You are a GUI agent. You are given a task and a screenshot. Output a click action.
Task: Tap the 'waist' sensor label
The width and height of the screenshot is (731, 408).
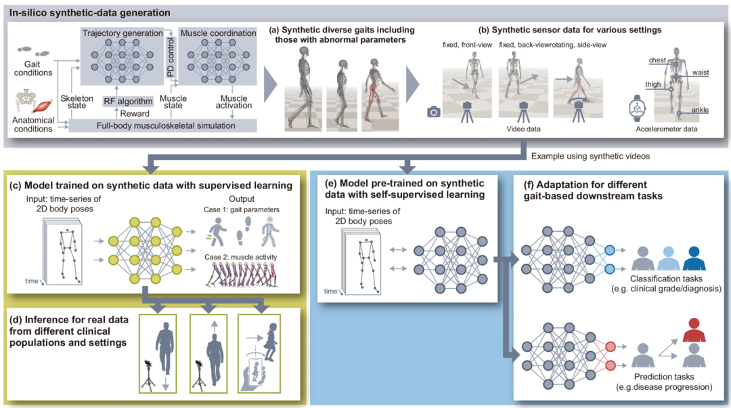[701, 71]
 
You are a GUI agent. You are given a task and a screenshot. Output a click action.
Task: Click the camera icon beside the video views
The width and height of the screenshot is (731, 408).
[434, 111]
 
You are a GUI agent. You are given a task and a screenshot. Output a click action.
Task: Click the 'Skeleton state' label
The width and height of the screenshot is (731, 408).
[76, 103]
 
